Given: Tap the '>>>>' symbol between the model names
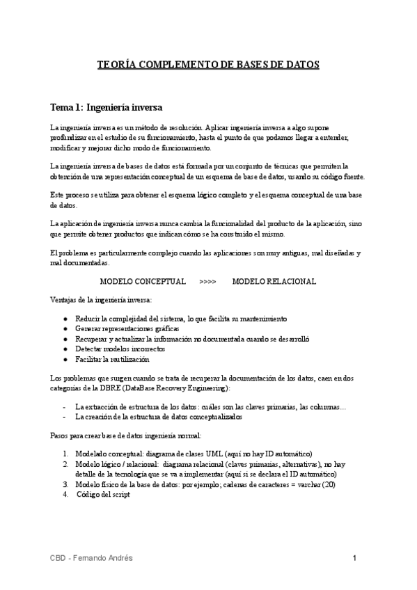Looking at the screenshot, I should click(207, 282).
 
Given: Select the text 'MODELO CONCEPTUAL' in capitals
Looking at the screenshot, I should click(143, 282).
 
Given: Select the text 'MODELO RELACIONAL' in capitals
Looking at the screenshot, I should click(274, 282).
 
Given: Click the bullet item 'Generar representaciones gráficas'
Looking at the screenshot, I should click(127, 328).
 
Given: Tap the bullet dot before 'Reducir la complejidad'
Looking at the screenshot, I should click(65, 318).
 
